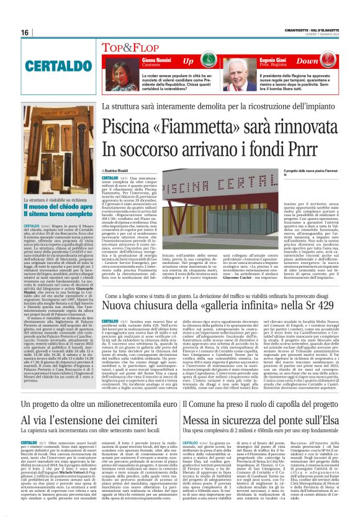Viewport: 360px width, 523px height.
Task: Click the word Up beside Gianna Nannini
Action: [188, 60]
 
